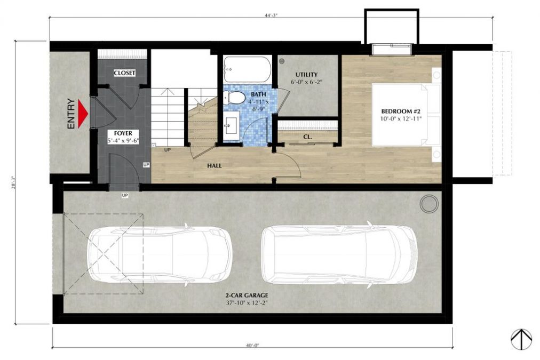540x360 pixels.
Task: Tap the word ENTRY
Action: click(x=71, y=114)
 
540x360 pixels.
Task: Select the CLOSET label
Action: click(x=124, y=73)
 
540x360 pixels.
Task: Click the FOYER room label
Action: click(x=123, y=133)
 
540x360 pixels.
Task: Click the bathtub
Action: click(x=247, y=69)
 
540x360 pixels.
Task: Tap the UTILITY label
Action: click(x=306, y=75)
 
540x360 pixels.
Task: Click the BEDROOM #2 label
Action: click(x=401, y=111)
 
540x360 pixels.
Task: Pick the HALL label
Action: click(x=214, y=165)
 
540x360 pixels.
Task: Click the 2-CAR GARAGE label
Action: click(x=247, y=295)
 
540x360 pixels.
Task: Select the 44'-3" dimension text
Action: click(x=271, y=15)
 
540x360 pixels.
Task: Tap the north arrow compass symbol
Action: click(x=521, y=339)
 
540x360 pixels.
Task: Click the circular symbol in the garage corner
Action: click(x=429, y=203)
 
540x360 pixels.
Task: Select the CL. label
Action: click(x=307, y=137)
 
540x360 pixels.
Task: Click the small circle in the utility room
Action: click(x=282, y=61)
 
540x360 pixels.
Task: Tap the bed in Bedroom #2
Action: click(x=407, y=115)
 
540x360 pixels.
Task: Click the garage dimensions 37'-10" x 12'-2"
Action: click(x=247, y=303)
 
